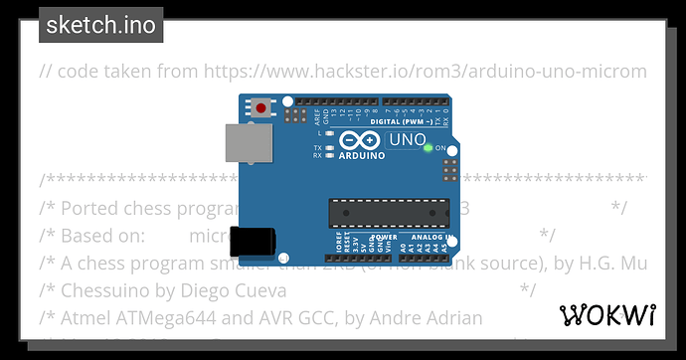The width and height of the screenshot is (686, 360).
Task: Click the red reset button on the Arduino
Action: point(260,107)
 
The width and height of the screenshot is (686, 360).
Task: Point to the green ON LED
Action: point(428,149)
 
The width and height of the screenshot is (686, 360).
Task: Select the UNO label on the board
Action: point(406,141)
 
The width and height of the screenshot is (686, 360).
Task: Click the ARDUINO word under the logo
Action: point(359,156)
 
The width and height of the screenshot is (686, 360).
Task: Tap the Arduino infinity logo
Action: point(358,141)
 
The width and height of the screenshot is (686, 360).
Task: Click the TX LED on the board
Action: point(329,148)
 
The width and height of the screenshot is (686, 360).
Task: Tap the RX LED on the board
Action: point(329,156)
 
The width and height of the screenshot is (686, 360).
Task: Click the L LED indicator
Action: point(329,132)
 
